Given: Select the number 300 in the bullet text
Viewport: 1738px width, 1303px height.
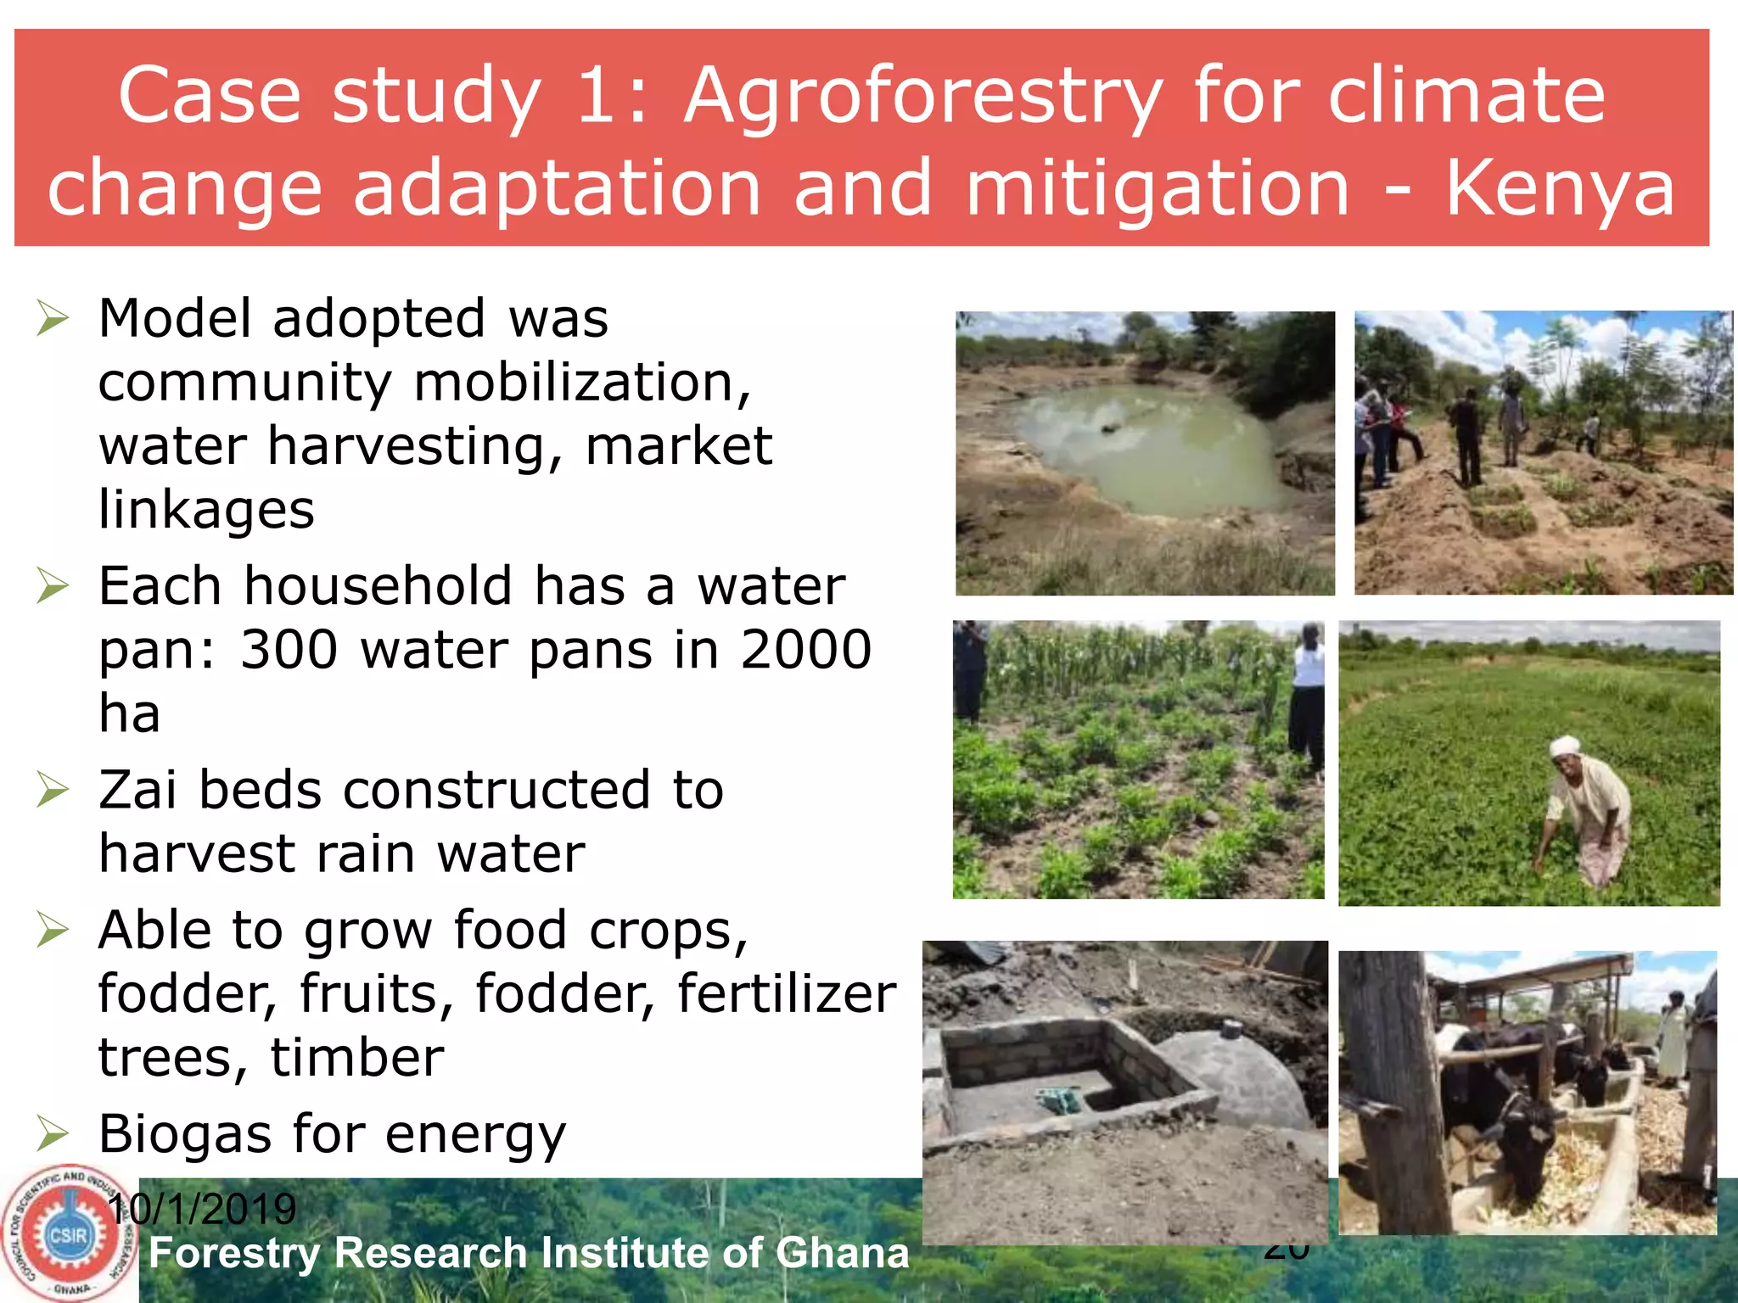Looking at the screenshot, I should [289, 650].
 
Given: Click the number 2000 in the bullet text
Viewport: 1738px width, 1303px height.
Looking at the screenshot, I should [805, 650].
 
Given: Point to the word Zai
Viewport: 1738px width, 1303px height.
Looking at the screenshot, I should [137, 790].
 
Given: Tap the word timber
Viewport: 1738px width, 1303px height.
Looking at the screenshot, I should [356, 1058].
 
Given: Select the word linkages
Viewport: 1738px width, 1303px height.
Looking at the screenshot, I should [206, 510].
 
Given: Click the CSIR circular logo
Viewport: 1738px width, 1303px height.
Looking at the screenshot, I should [68, 1235].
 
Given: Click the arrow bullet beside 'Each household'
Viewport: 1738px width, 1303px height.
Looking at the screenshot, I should [53, 586].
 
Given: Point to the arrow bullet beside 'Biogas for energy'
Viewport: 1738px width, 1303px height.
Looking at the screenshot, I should [53, 1134].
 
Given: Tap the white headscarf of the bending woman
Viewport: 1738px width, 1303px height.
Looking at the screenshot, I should [1563, 746].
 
